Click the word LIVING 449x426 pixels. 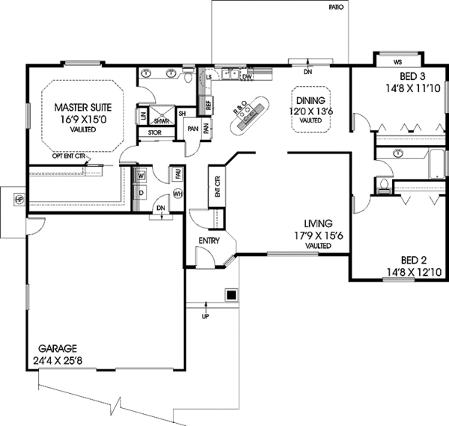point(319,223)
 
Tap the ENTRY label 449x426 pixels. point(209,241)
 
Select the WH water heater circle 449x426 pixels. point(177,194)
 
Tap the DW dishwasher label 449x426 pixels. point(246,76)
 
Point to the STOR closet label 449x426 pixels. point(155,133)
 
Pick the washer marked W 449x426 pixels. point(141,176)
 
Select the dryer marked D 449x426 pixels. point(141,192)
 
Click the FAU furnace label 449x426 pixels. point(177,173)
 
